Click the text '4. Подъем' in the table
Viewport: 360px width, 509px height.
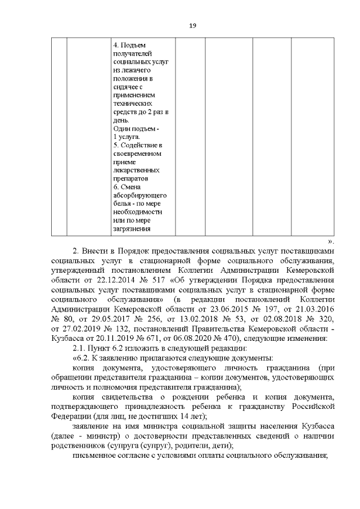(129, 44)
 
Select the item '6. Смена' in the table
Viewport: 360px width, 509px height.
(127, 186)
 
